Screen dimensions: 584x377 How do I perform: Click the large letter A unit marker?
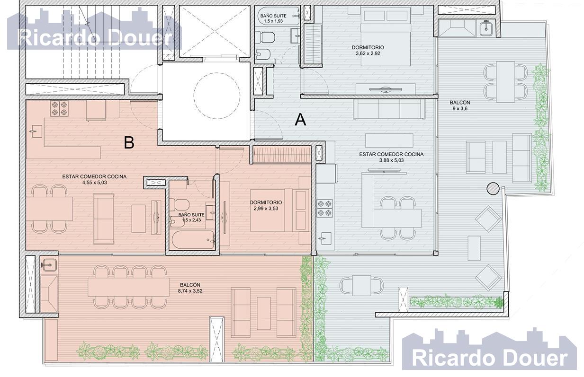point(300,120)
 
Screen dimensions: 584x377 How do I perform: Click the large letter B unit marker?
point(129,143)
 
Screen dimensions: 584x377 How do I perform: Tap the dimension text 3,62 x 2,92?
point(368,53)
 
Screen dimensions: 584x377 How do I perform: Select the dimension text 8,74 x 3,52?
point(190,291)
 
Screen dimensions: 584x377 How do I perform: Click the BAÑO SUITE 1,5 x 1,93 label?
point(273,18)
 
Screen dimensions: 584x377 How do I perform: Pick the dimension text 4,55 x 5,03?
point(95,183)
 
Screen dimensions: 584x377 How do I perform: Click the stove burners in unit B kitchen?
point(59,108)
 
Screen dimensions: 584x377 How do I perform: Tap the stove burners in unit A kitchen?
point(325,208)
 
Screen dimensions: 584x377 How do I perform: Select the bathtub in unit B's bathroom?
point(193,239)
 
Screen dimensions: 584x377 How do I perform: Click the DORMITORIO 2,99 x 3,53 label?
point(266,205)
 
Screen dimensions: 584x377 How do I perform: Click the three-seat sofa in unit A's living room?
point(389,109)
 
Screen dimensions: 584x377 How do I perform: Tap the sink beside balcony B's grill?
point(49,265)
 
